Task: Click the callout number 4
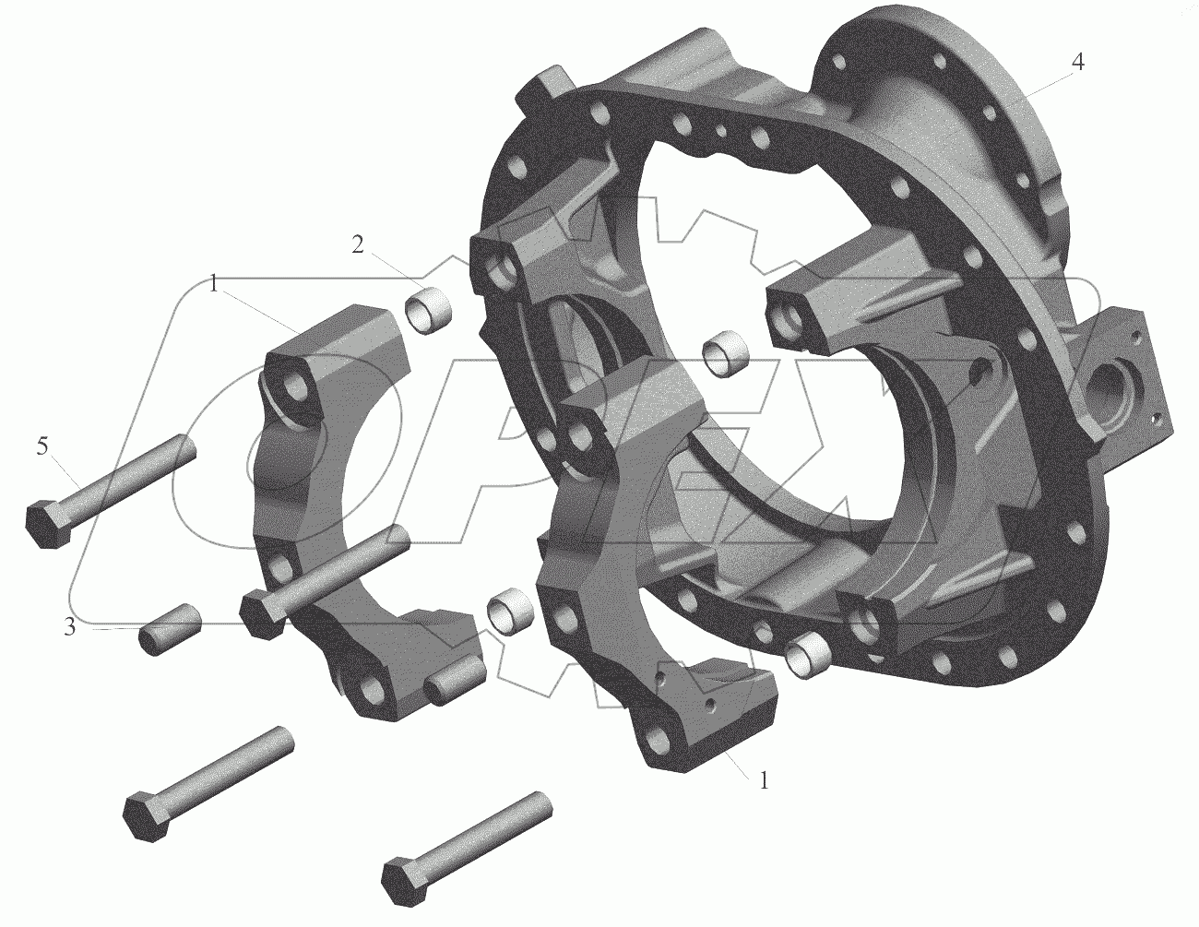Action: [x=1077, y=63]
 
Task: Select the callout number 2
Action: [x=358, y=245]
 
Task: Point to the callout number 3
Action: [x=69, y=627]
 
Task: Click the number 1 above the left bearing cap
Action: [x=214, y=285]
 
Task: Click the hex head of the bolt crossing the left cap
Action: [x=260, y=613]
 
